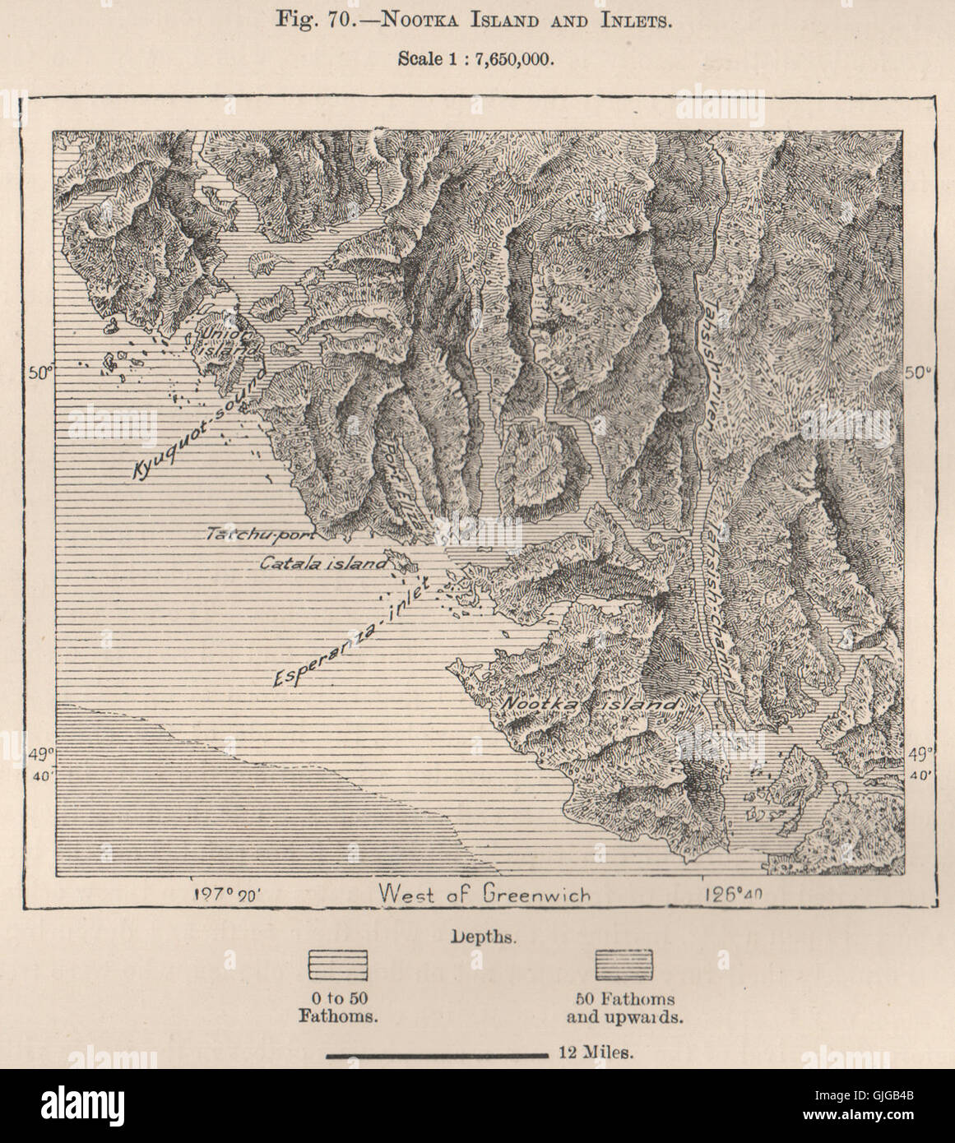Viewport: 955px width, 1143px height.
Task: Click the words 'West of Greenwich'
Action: point(484,894)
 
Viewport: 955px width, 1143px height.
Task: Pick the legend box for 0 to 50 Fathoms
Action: point(337,965)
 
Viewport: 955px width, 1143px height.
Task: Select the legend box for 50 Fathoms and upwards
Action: point(626,965)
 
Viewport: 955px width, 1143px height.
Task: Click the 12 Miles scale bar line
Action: point(437,1053)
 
